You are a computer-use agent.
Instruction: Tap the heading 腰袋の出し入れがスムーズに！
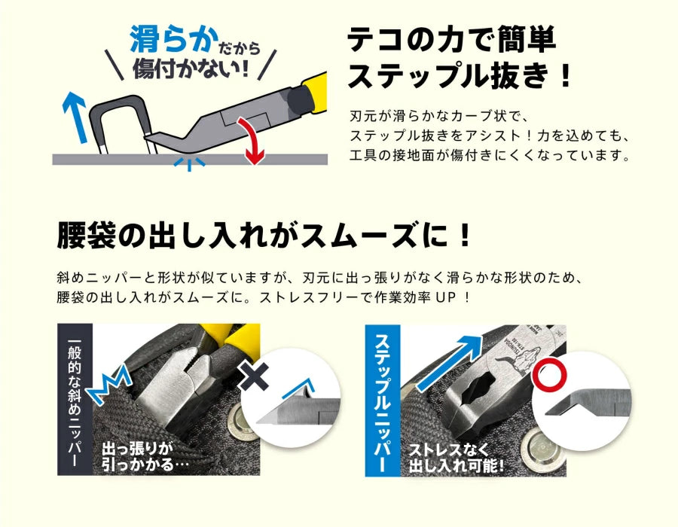coord(264,235)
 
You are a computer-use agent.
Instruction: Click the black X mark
coord(253,376)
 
